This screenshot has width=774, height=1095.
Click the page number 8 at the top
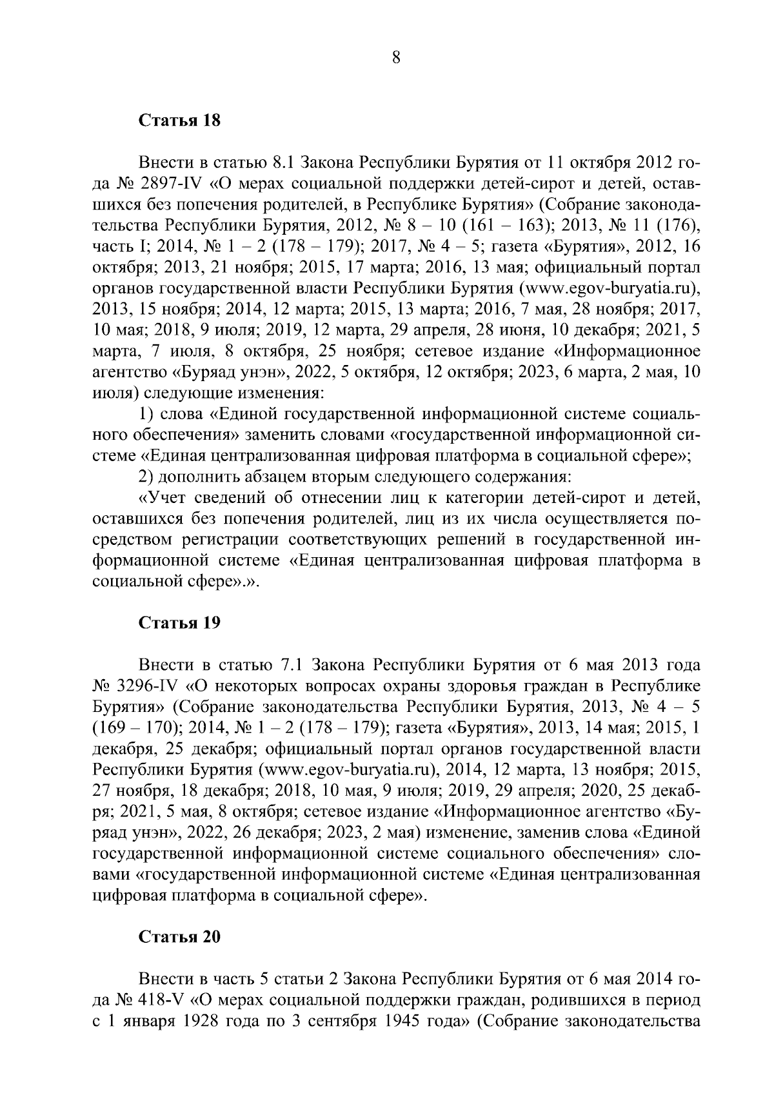396,58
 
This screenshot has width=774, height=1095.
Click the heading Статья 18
180,121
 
